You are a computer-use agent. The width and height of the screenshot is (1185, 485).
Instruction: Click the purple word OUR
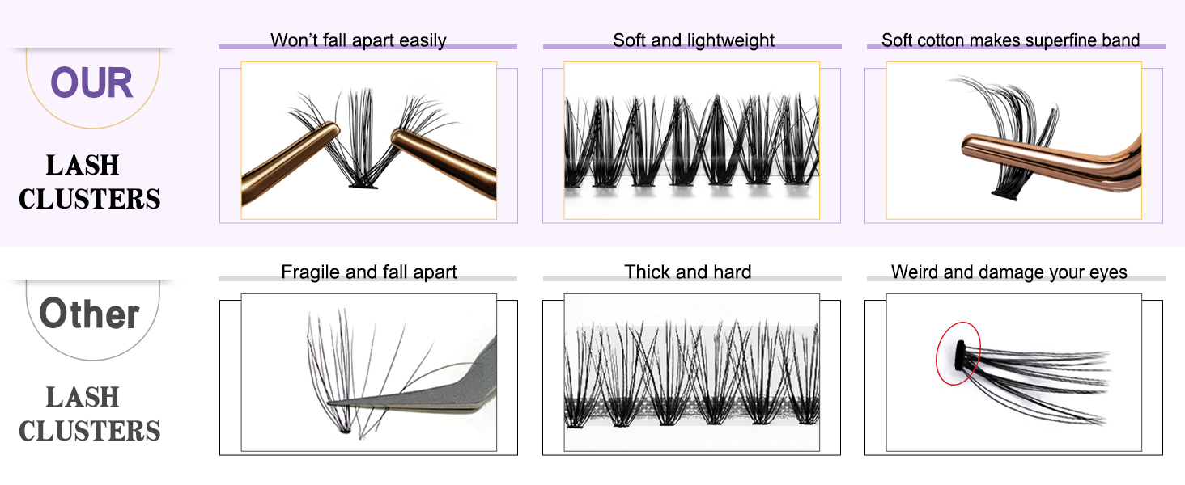(x=91, y=83)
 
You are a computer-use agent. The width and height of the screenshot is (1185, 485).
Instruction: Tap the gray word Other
(x=89, y=314)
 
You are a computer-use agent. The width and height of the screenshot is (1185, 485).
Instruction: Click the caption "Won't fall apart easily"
(x=358, y=40)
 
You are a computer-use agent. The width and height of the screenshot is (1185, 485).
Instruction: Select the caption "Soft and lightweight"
(x=694, y=40)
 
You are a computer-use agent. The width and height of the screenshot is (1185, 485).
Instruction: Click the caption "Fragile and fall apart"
(x=368, y=272)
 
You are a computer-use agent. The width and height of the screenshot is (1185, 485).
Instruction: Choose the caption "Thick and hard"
(x=687, y=272)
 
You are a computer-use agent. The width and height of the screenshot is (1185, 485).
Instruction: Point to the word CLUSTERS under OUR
(x=89, y=199)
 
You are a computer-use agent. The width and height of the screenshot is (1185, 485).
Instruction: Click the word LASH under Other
(x=83, y=397)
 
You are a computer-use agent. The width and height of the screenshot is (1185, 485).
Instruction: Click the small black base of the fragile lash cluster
(x=343, y=432)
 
